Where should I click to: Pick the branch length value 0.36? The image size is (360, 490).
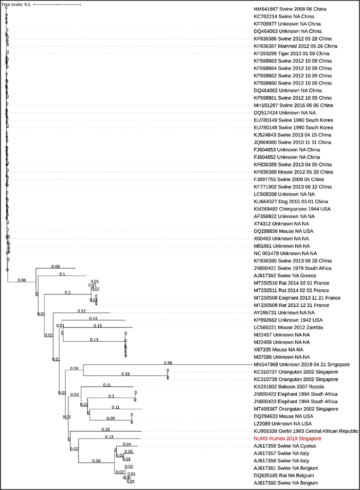point(168,362)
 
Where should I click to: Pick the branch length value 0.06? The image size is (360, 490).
point(22,280)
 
